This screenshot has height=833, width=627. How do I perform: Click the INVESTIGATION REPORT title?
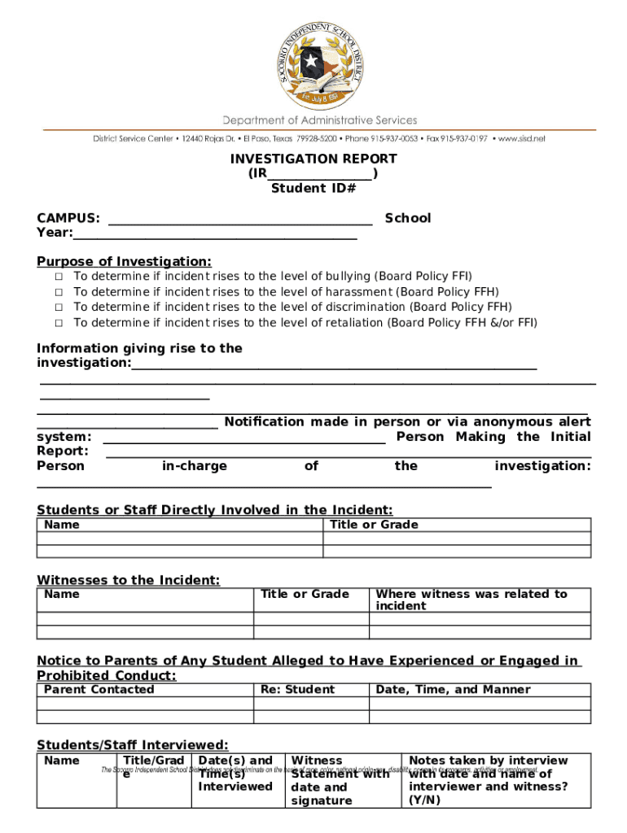[x=313, y=159]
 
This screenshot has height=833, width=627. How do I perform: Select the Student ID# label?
[x=313, y=189]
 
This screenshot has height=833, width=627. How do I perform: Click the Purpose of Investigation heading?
[x=124, y=261]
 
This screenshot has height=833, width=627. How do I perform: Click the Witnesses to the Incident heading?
[x=128, y=580]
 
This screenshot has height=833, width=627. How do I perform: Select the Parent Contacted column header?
[x=99, y=689]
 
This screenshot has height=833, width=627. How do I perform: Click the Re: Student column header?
[x=297, y=689]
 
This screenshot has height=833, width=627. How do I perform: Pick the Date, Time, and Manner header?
[x=453, y=689]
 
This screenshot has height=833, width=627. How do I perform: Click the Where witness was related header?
[x=471, y=600]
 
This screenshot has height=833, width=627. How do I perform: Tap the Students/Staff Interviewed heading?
[x=132, y=745]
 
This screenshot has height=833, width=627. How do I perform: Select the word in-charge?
[x=195, y=466]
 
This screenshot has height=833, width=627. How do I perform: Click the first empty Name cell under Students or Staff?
[x=180, y=539]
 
